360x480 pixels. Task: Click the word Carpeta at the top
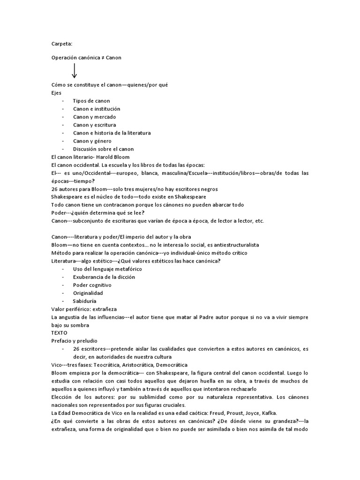[61, 44]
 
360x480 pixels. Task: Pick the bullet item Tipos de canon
[91, 101]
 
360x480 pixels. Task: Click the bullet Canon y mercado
[94, 117]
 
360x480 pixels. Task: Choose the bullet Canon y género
[92, 141]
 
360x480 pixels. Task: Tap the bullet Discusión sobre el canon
[103, 149]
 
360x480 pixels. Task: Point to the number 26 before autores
[54, 189]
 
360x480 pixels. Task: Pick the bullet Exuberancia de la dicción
[104, 277]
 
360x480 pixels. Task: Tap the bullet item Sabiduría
[84, 301]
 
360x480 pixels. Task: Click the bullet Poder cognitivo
[92, 285]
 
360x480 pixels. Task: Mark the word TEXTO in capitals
[60, 333]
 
